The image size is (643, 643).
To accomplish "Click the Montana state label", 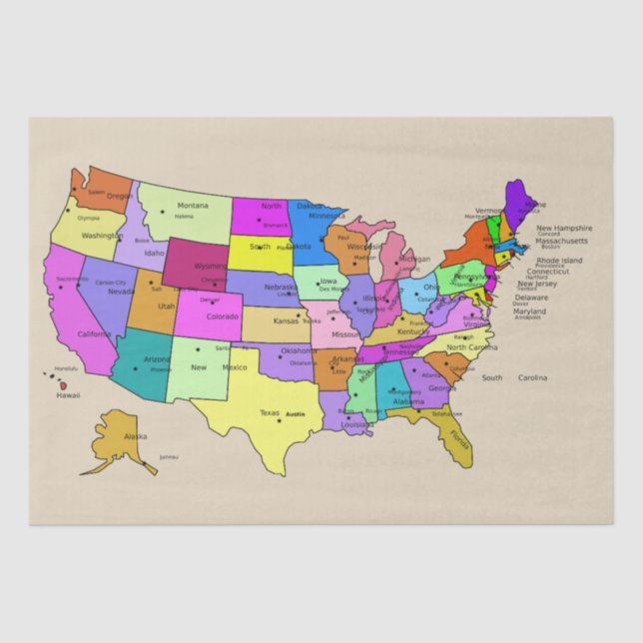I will coord(193,206).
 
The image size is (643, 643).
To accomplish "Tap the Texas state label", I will coord(270,412).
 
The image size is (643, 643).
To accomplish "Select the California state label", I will coord(95,333).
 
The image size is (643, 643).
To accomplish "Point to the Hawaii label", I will coord(68,395).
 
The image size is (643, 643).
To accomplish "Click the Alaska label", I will coord(135,436).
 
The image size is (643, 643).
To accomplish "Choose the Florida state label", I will coord(459,438).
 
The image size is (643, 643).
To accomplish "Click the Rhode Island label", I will coord(559,260).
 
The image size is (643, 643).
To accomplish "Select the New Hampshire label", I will coord(564,229).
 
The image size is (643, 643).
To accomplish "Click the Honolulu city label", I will coord(66,368).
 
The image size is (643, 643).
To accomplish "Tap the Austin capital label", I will coord(295,413).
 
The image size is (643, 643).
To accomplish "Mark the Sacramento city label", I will coord(72,279).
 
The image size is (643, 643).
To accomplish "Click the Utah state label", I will coord(166,306).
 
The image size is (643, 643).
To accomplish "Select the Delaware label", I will coord(532,297).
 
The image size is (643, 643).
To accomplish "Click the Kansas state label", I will coord(287,321).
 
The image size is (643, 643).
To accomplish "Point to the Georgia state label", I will coord(441,388).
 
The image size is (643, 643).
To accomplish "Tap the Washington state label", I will coord(102,237).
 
